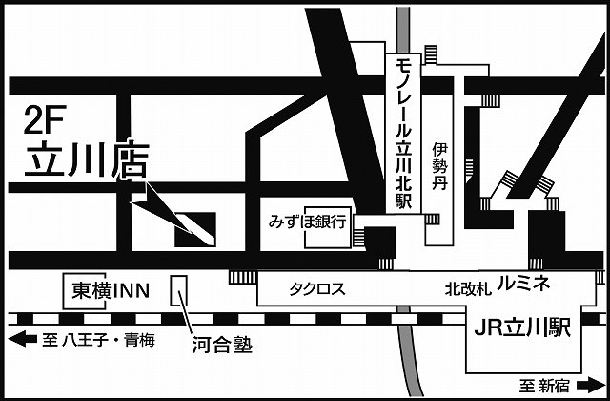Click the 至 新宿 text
544,385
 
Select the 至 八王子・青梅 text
95,339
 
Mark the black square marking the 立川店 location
194,229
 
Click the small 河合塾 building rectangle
178,288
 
